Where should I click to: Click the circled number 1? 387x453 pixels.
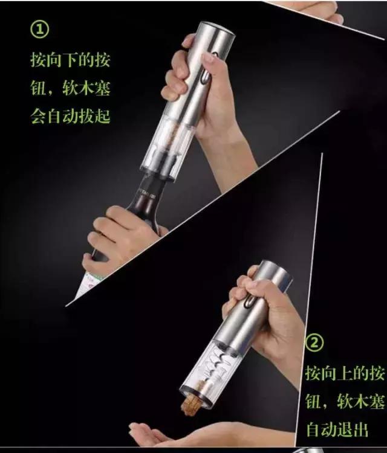[40, 30]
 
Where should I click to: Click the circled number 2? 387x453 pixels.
[314, 342]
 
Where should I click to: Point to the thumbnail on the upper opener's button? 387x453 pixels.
[209, 58]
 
